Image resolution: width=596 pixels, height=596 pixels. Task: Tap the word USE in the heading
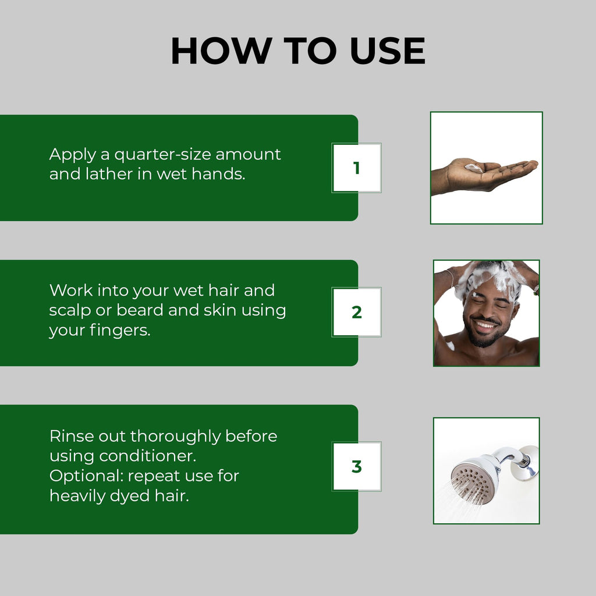(x=387, y=51)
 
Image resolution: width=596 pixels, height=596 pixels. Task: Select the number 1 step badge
(x=357, y=168)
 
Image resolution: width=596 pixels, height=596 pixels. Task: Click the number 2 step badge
(x=357, y=312)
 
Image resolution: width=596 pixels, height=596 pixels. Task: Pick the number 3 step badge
(x=357, y=466)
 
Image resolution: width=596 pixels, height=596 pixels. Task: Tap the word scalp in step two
(x=70, y=311)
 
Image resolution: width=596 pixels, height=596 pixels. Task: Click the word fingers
(x=120, y=331)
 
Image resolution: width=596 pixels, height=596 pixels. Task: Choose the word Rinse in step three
(x=72, y=436)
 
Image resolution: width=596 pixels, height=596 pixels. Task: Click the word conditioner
(x=147, y=456)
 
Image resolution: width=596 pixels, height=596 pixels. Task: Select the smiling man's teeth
(x=484, y=325)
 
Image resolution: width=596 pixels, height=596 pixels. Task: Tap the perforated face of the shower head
(x=473, y=482)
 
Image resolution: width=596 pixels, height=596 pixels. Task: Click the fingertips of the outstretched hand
(x=531, y=164)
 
